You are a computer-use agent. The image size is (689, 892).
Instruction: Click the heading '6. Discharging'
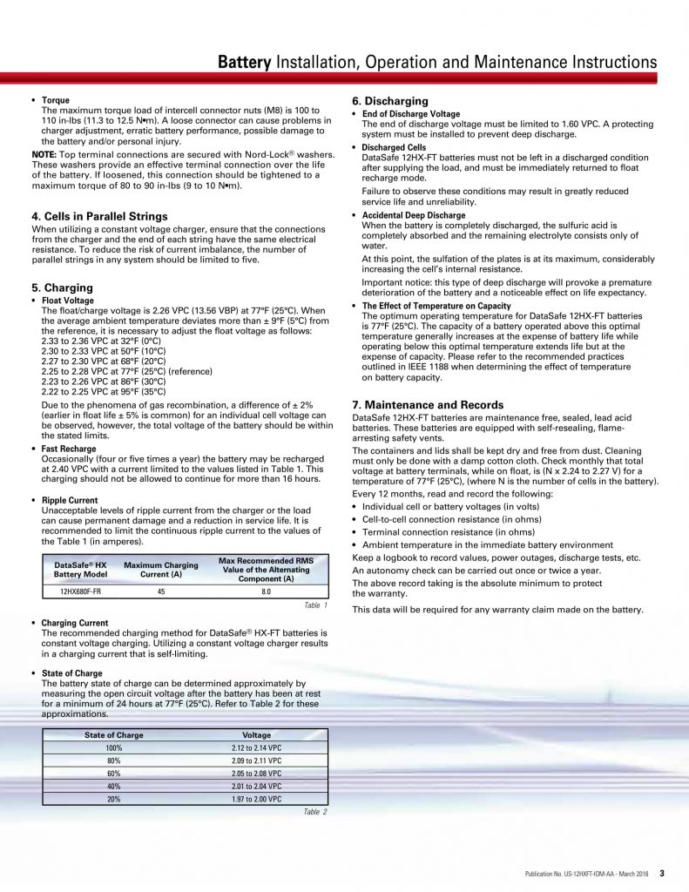pos(389,101)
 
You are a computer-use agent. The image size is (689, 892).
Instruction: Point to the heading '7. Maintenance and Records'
pos(428,405)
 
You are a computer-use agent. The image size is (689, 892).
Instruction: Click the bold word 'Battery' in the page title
pos(244,62)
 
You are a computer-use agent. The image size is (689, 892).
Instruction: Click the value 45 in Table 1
pos(161,591)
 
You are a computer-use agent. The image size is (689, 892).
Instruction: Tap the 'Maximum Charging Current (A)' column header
pos(161,570)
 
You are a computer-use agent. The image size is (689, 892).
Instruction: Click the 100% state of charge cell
pos(114,748)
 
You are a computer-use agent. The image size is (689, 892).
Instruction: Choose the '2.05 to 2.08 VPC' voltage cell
pos(256,774)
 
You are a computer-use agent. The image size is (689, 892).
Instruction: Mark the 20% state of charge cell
pos(114,799)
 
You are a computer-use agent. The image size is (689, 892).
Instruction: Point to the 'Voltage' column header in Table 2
pos(256,735)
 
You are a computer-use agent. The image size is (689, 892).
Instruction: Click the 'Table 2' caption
pos(314,812)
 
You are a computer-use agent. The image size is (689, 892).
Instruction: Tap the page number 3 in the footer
pos(662,873)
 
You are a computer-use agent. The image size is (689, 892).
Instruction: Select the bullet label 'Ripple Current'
pos(70,500)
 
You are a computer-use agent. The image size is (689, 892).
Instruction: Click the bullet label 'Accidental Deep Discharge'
pos(414,215)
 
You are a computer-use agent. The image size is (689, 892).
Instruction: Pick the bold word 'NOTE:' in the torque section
pos(44,154)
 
